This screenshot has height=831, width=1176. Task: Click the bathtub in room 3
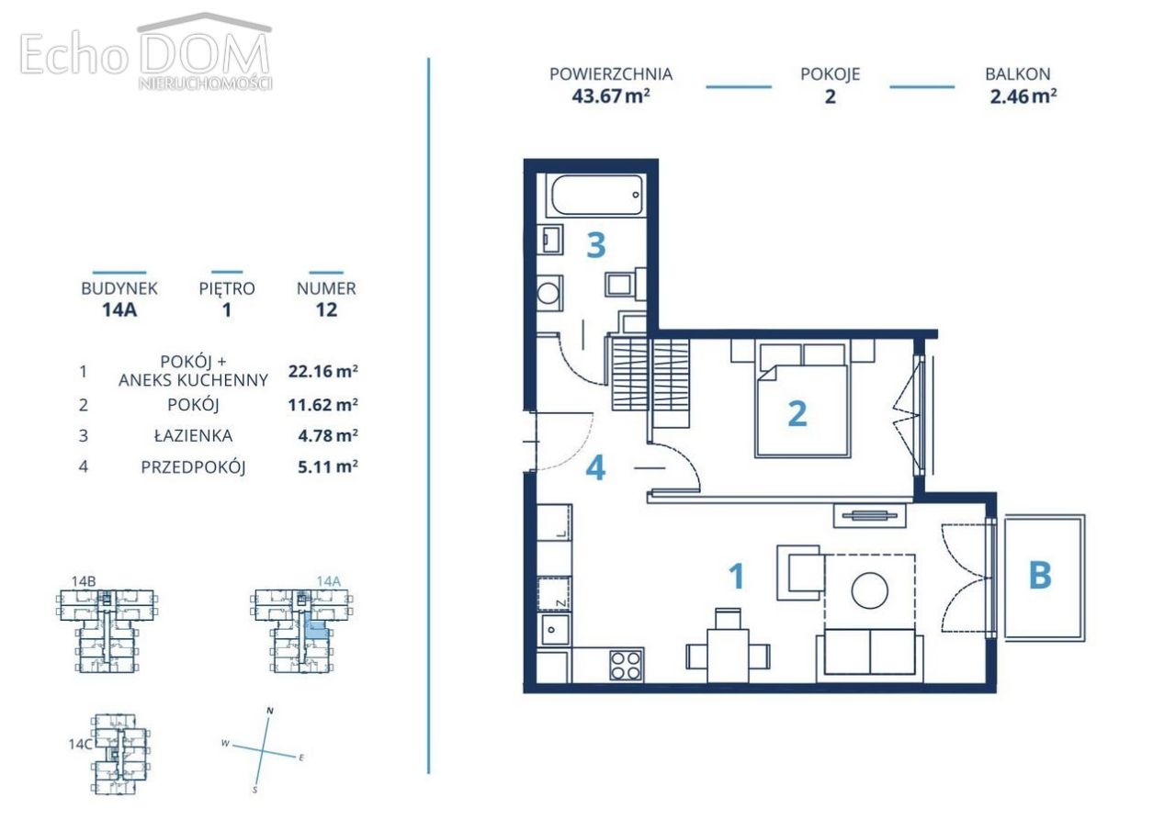(595, 196)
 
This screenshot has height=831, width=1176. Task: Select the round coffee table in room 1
(869, 590)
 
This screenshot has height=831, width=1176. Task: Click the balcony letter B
(1040, 576)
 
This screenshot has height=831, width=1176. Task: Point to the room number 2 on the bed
(797, 413)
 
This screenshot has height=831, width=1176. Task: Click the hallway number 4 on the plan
(595, 467)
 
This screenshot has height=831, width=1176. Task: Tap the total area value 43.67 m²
(611, 96)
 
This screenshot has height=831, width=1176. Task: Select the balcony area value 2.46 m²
(1023, 96)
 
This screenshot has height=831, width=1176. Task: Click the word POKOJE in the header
(830, 74)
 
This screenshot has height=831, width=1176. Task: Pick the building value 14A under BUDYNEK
(119, 310)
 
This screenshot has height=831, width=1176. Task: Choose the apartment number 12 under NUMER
(326, 310)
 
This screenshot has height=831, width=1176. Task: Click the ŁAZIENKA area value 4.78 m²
(328, 435)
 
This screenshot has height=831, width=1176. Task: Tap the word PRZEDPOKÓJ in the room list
(193, 466)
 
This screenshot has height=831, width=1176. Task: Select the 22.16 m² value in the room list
(322, 372)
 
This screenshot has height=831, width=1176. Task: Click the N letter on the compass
(270, 711)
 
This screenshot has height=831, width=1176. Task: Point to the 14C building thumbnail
(120, 754)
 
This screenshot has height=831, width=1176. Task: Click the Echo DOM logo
(146, 51)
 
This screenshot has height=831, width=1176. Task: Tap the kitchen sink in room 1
(554, 629)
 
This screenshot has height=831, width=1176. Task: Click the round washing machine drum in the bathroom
(548, 293)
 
